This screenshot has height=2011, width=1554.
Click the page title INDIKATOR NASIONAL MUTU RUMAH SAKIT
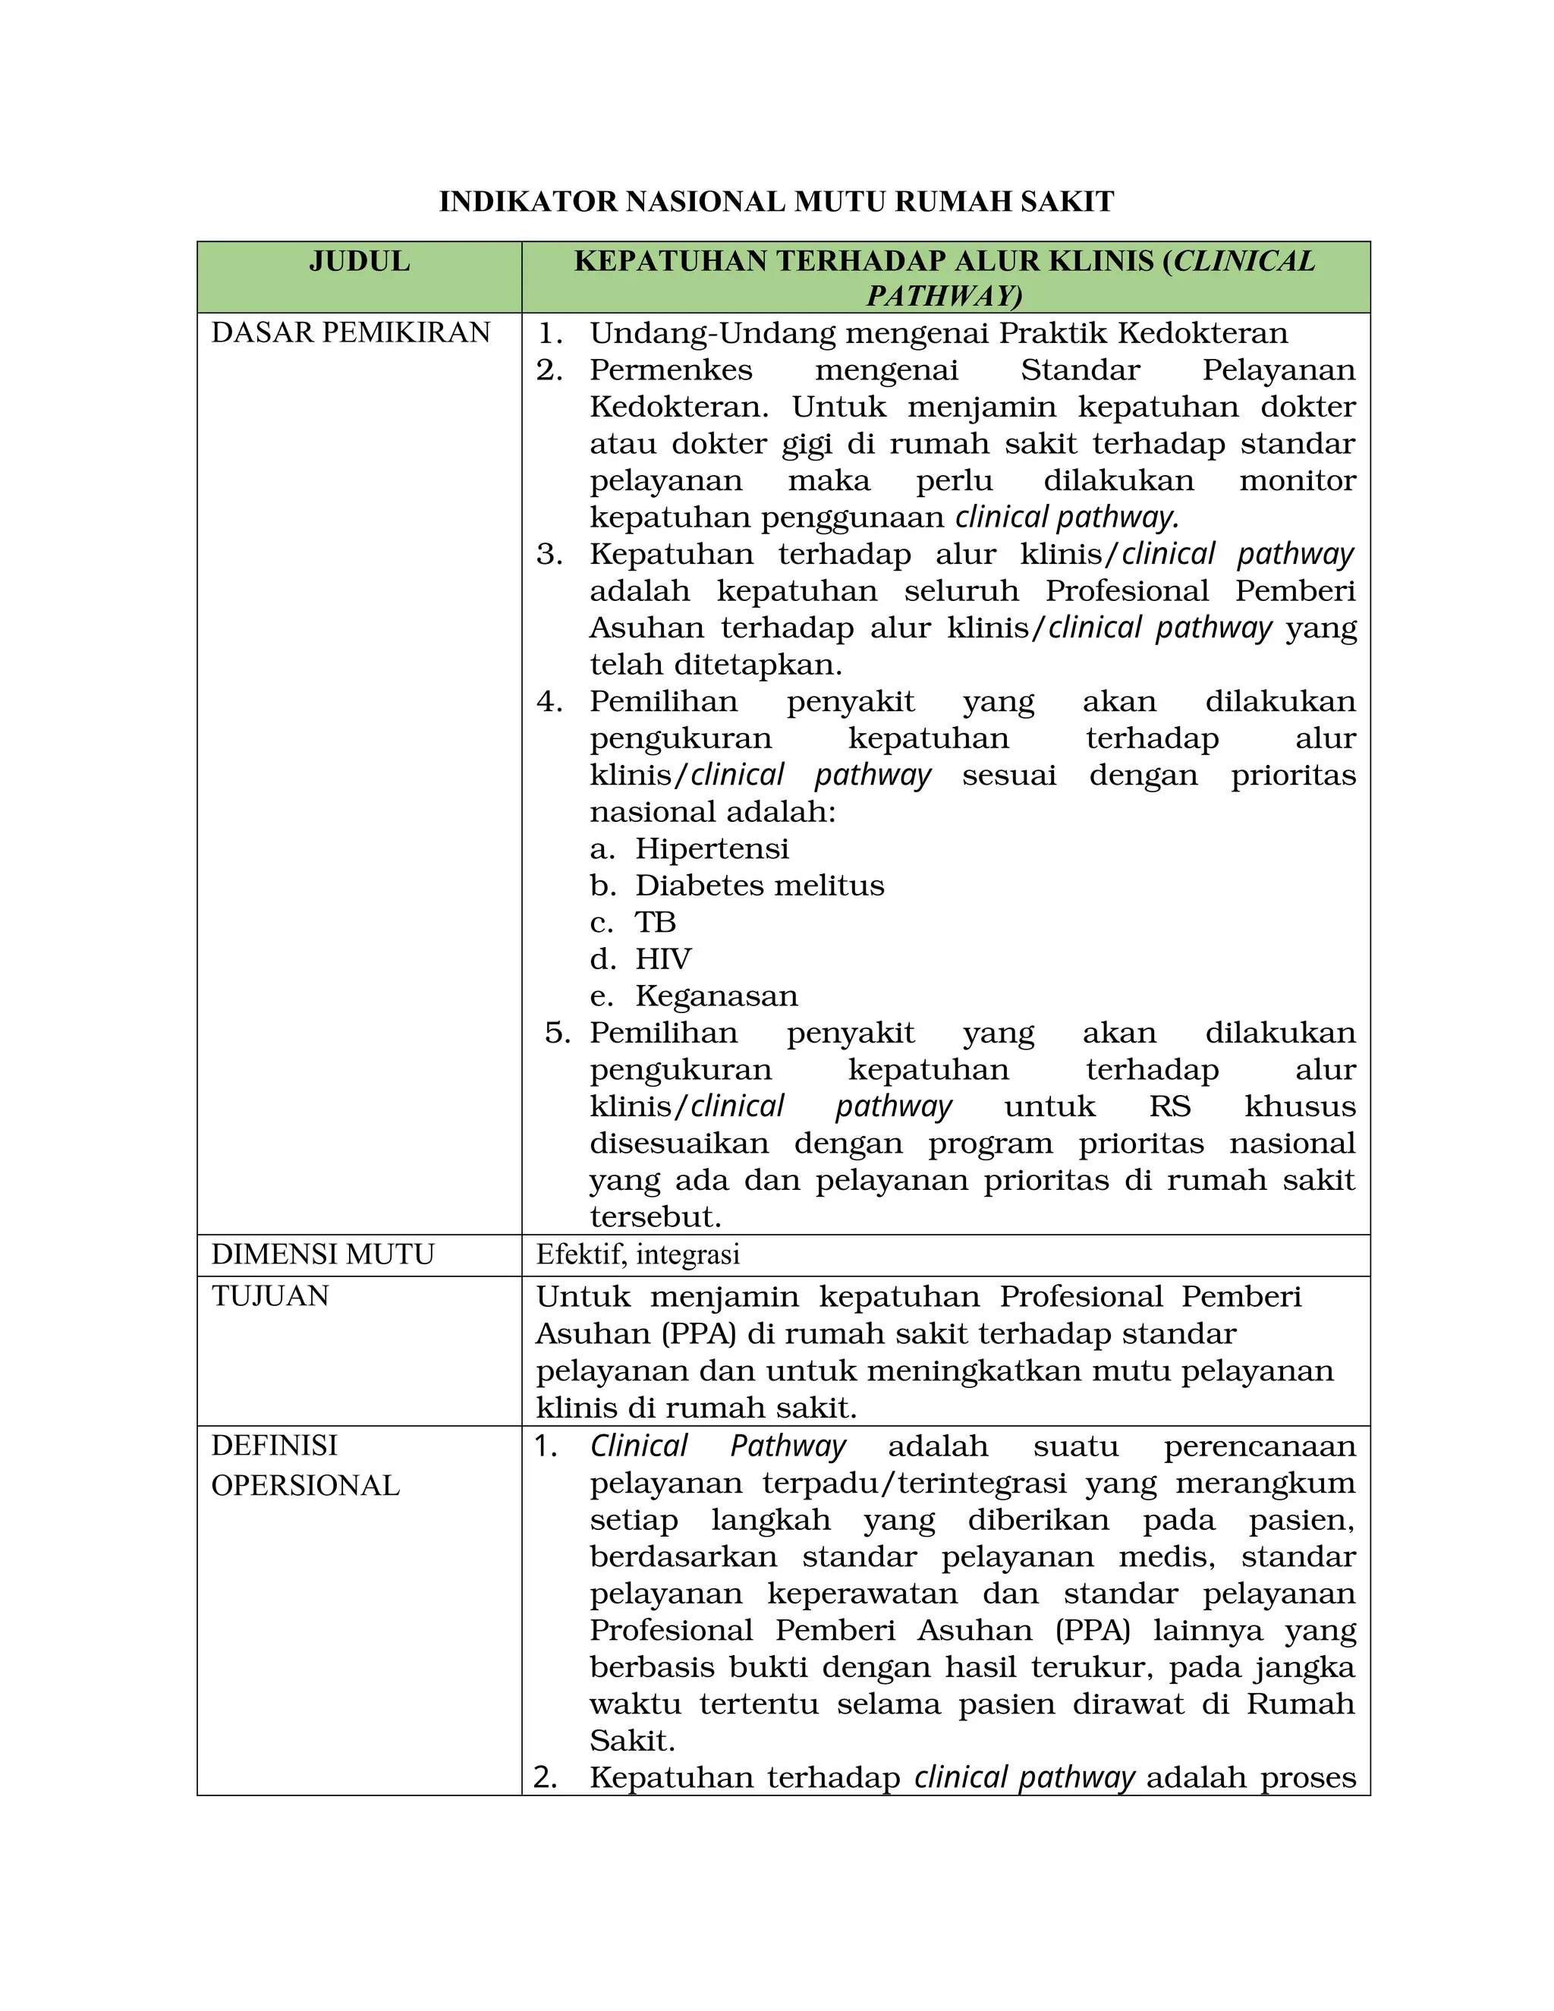coord(776,202)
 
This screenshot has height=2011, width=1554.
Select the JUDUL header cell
coord(359,262)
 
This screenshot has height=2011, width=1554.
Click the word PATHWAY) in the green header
coord(945,297)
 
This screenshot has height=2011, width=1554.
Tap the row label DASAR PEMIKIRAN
coord(351,333)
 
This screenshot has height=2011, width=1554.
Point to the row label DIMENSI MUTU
coord(322,1255)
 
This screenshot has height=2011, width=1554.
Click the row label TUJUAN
coord(269,1296)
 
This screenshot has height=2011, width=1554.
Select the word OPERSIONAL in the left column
coord(305,1485)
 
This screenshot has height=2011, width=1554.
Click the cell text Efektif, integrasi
coord(638,1255)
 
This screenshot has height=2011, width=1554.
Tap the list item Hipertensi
coord(712,849)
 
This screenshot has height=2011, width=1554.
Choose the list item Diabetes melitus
coord(760,886)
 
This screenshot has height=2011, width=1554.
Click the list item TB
coord(655,923)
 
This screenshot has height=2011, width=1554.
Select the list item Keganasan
coord(716,996)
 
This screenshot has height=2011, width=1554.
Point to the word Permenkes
coord(671,370)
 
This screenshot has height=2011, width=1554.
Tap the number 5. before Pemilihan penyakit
coord(558,1033)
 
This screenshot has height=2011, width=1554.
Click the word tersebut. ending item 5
coord(656,1217)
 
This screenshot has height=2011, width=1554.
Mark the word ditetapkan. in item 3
coord(716,665)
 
